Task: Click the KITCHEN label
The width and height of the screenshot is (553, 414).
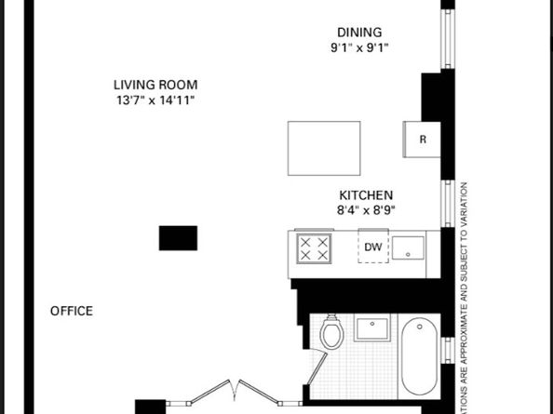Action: click(x=365, y=195)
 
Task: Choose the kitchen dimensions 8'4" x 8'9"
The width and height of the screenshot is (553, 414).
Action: click(x=365, y=210)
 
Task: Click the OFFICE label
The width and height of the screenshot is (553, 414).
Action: click(x=72, y=311)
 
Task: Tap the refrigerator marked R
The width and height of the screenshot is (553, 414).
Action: click(x=422, y=140)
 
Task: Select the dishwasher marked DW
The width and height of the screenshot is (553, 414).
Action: click(x=373, y=247)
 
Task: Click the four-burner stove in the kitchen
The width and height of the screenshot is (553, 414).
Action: click(x=313, y=248)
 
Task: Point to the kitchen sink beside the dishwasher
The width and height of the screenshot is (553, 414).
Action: click(x=408, y=247)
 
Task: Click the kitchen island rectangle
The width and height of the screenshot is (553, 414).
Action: click(x=321, y=147)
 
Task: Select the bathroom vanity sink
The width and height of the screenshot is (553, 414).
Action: click(x=371, y=329)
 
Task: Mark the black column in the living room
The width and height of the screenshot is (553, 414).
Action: click(x=178, y=238)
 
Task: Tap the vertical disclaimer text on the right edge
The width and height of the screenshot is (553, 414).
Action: click(x=465, y=298)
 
